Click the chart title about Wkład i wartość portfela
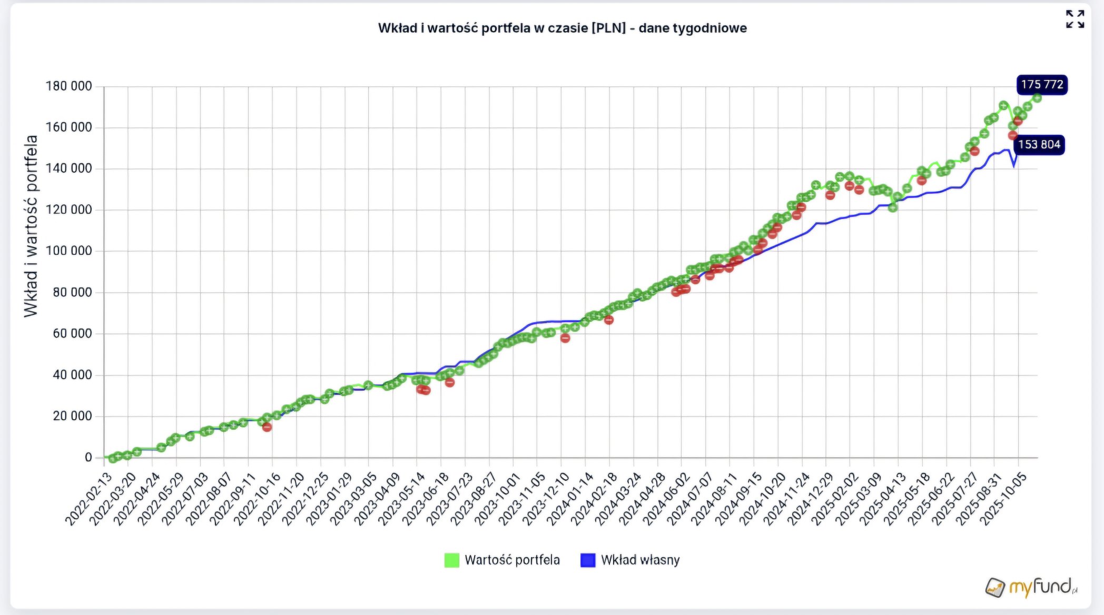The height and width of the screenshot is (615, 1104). pyautogui.click(x=562, y=28)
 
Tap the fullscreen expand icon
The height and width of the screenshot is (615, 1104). pyautogui.click(x=1075, y=19)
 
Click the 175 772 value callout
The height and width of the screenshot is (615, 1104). pyautogui.click(x=1041, y=85)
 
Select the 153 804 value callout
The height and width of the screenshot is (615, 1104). pyautogui.click(x=1039, y=145)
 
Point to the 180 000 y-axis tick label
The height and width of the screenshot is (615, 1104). pyautogui.click(x=68, y=86)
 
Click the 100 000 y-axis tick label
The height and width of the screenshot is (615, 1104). pyautogui.click(x=68, y=251)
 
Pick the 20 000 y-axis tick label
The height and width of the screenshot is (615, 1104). pyautogui.click(x=72, y=416)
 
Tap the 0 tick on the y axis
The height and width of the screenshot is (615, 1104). pyautogui.click(x=88, y=457)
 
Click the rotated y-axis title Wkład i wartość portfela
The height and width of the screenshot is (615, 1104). pyautogui.click(x=31, y=226)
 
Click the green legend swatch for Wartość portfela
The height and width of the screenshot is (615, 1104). pyautogui.click(x=451, y=560)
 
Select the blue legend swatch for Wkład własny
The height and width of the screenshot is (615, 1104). pyautogui.click(x=587, y=560)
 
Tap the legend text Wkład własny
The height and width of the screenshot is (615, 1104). pyautogui.click(x=640, y=560)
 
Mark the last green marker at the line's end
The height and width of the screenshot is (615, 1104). pyautogui.click(x=1037, y=98)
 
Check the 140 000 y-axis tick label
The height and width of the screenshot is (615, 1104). pyautogui.click(x=68, y=168)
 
